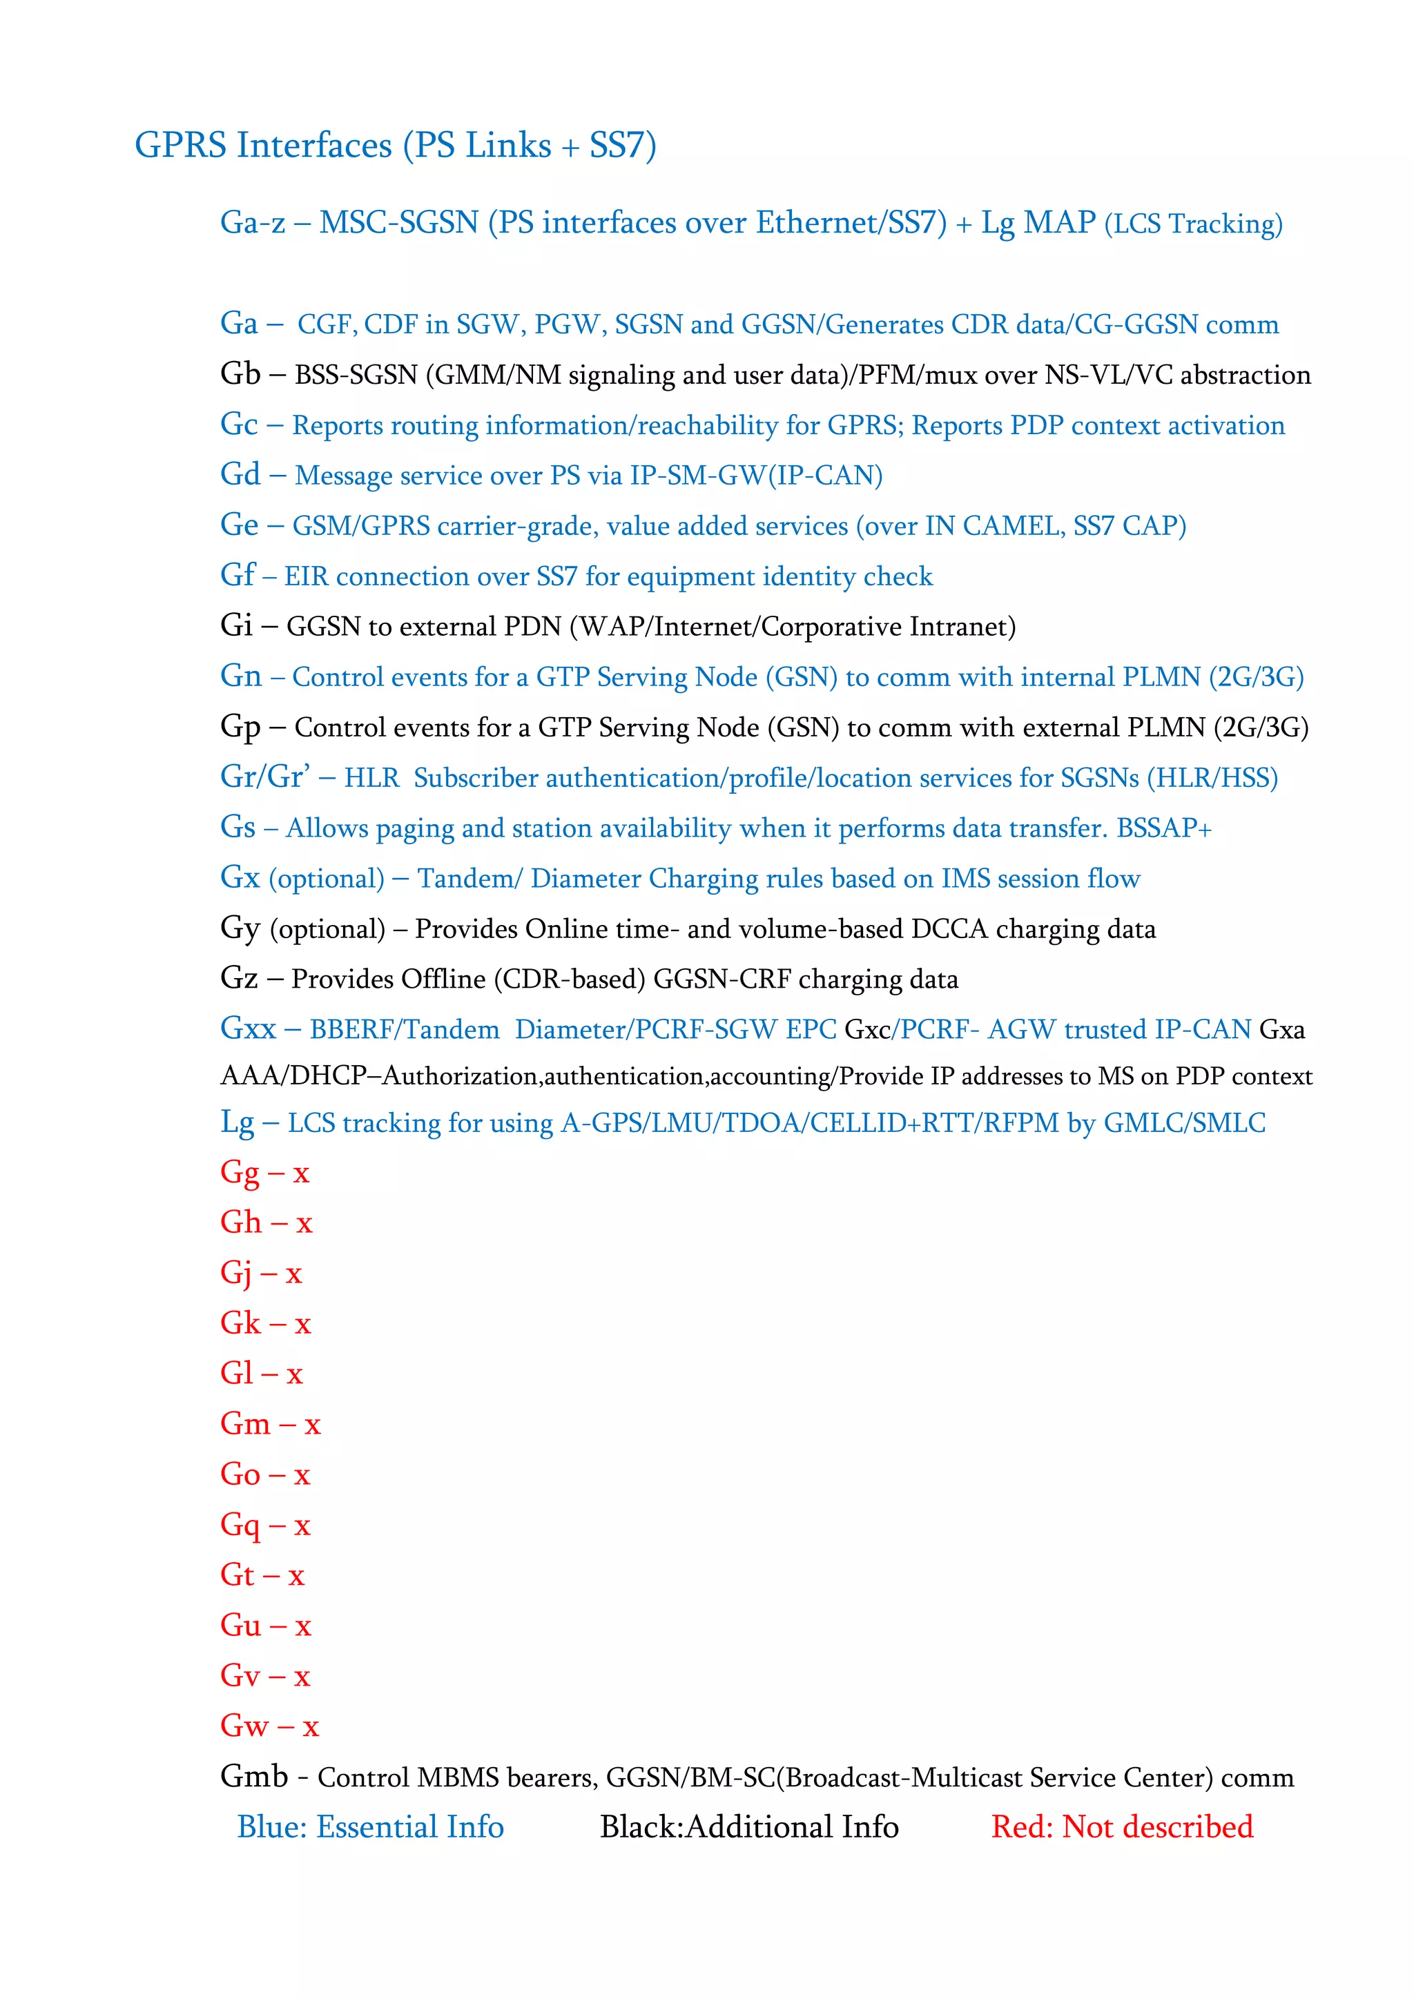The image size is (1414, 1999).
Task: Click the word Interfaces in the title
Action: (314, 146)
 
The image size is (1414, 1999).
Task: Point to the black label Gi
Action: (236, 626)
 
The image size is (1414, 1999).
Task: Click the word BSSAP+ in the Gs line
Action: (1164, 828)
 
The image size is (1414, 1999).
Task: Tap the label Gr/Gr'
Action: (264, 777)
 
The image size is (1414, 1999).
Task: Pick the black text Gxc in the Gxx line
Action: (868, 1030)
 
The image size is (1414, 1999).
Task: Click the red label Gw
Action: (244, 1726)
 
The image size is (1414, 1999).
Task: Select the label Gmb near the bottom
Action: (253, 1776)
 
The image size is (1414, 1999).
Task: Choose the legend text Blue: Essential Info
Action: (371, 1826)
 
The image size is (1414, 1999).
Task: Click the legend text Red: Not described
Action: (1121, 1826)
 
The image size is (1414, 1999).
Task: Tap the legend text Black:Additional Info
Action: (749, 1826)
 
